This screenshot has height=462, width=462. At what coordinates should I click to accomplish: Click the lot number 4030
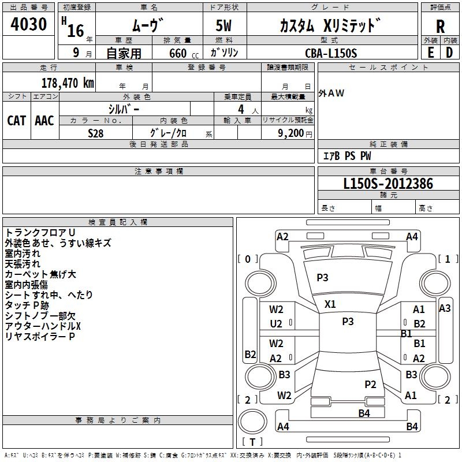tap(28, 24)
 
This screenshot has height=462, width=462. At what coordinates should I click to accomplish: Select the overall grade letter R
tap(440, 26)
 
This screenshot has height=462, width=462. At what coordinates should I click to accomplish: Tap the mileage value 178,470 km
tap(68, 83)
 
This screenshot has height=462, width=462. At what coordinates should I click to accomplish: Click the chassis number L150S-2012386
tap(388, 184)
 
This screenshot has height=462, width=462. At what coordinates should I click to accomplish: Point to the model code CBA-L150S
tap(331, 53)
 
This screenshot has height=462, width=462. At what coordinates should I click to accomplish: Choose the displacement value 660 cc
tap(184, 54)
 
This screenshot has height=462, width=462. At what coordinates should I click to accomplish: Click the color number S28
tap(95, 133)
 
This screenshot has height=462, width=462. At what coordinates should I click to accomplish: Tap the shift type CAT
tap(17, 121)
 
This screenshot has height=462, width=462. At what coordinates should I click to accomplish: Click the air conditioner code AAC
tap(44, 121)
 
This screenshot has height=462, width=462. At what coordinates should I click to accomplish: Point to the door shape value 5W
tap(223, 25)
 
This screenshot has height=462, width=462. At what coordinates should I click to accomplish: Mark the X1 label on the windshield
tap(330, 304)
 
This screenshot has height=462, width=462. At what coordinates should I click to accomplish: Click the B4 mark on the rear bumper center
tap(364, 413)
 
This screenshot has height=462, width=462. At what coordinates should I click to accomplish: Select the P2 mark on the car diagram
tap(370, 384)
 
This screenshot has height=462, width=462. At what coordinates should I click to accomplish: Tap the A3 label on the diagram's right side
tap(445, 308)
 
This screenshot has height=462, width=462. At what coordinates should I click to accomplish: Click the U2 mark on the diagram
tap(276, 324)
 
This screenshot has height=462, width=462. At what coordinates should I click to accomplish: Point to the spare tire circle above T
tap(252, 422)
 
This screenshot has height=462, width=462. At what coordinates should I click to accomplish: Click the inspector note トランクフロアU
tap(40, 233)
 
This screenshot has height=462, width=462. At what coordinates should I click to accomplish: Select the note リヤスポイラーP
tap(40, 336)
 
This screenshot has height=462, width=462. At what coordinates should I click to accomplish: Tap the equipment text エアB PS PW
tap(347, 156)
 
